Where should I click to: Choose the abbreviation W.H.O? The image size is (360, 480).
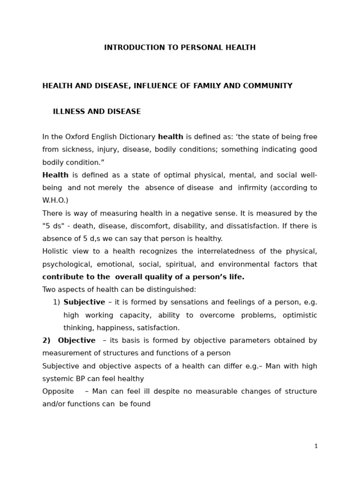[55, 201]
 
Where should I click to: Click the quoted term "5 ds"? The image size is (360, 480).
[52, 226]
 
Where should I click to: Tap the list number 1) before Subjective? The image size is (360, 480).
[56, 302]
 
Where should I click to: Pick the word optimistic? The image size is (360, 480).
[300, 315]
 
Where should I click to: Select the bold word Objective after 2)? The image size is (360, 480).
[76, 340]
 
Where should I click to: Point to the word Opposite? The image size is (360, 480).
[58, 391]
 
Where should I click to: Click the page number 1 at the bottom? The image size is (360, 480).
[316, 446]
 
